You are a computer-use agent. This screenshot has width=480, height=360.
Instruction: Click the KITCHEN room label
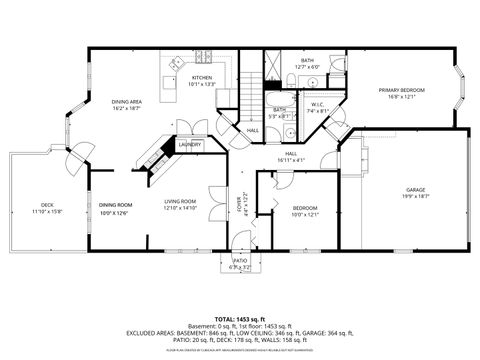tap(202, 77)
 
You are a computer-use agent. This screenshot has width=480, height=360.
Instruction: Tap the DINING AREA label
tap(125, 101)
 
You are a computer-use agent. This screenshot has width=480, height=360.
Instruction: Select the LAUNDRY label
tap(190, 144)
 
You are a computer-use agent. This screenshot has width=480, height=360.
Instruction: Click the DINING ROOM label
tap(114, 205)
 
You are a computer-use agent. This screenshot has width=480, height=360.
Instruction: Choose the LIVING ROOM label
tap(180, 203)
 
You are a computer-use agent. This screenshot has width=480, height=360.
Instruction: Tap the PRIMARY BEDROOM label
tap(401, 90)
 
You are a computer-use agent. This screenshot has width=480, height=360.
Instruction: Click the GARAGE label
tap(415, 189)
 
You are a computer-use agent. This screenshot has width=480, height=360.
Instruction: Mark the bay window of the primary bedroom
tap(461, 90)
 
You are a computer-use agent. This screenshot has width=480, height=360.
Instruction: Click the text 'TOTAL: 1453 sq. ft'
tap(240, 318)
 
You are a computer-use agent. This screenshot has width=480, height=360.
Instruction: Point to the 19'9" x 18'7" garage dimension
tap(415, 196)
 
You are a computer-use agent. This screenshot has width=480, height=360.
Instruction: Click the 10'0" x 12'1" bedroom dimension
tap(303, 214)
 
